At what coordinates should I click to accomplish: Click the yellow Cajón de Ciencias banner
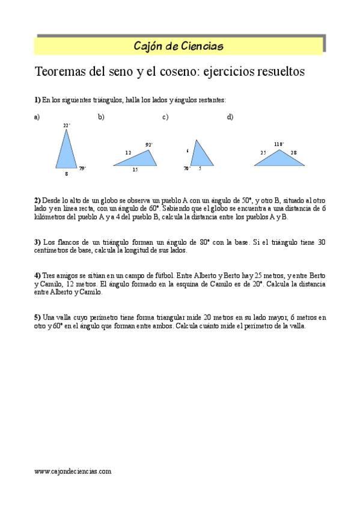coord(179,46)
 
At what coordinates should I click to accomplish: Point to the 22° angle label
coord(67,125)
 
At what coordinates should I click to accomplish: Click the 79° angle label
coord(82,168)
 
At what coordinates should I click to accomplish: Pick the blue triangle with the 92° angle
coord(138,159)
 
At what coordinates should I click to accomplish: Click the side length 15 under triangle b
coord(135,170)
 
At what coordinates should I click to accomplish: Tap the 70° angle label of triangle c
coord(187,169)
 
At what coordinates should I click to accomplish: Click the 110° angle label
coord(279,144)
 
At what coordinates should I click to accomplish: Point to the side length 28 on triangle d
coord(294,153)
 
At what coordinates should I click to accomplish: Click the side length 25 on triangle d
coord(263,153)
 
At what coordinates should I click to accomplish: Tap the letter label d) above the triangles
coord(230,117)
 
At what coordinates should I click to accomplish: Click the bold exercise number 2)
coord(37,200)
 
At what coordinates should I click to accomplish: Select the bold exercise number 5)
coord(37,317)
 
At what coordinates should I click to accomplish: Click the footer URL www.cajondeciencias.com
coord(73,472)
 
